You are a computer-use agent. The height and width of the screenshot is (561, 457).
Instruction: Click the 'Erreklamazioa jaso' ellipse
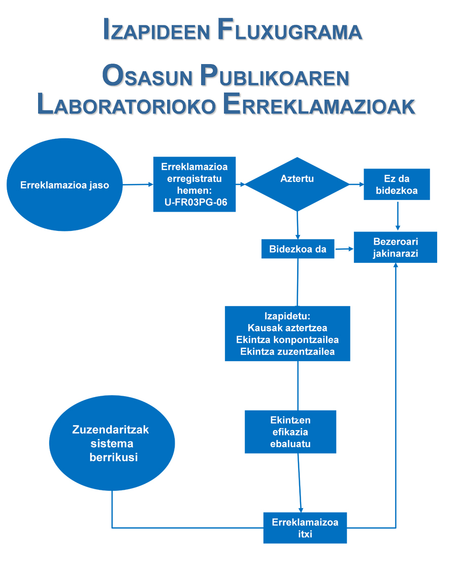point(64,185)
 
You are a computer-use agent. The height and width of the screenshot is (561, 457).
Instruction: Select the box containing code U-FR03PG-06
point(194,185)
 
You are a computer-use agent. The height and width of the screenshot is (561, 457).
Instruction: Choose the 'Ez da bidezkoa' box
point(397,185)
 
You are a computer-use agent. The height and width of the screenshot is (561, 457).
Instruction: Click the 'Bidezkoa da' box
point(298,249)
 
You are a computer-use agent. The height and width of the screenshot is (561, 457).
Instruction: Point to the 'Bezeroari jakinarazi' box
point(396,247)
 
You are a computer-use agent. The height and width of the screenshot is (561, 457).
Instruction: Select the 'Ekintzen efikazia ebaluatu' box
point(290,432)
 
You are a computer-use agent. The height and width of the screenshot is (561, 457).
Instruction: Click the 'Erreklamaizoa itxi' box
point(305,528)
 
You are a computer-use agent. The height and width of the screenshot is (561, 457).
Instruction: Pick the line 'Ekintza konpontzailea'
point(287,339)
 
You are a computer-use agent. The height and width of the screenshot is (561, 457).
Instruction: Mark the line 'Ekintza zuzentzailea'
point(287,351)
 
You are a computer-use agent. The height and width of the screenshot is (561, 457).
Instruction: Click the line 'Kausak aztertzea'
point(287,328)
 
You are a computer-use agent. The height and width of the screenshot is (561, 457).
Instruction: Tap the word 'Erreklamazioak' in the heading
point(319,105)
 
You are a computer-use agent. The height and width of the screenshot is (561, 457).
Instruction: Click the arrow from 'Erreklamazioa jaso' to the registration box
point(138,185)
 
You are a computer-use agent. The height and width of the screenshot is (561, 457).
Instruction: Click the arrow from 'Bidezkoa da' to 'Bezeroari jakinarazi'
point(344,249)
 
